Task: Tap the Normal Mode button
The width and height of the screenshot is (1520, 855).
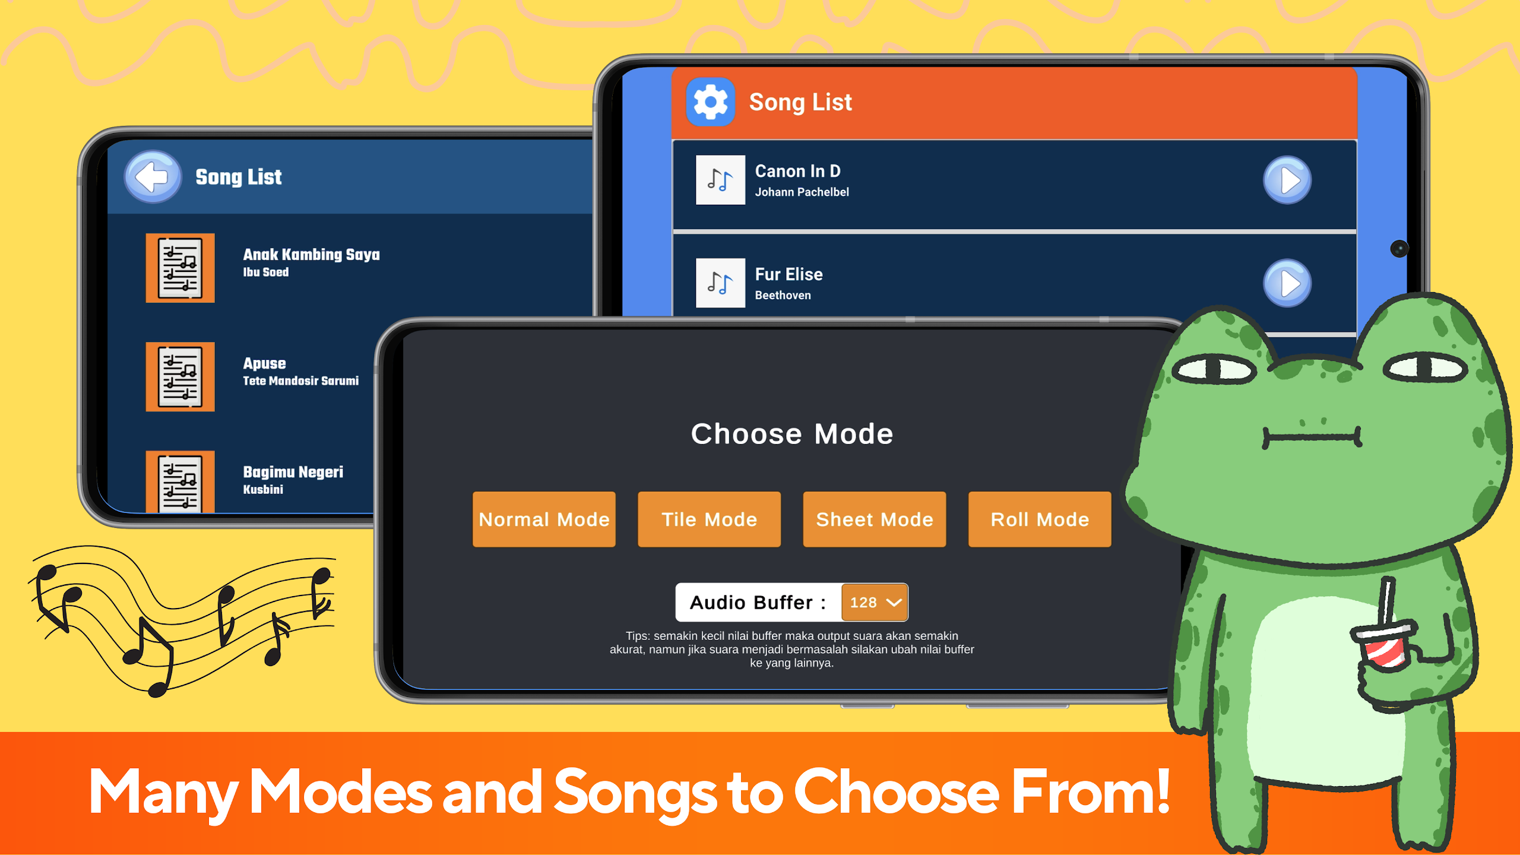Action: [x=544, y=519]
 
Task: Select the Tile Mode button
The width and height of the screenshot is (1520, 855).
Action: [x=709, y=519]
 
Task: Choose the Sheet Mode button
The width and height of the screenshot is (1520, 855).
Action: [x=874, y=519]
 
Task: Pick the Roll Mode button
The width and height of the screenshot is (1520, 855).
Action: [x=1040, y=519]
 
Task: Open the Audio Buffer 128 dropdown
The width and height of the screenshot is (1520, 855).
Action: [x=875, y=602]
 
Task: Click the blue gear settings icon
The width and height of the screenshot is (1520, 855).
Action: [x=710, y=102]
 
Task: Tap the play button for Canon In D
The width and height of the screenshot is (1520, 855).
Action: [x=1287, y=180]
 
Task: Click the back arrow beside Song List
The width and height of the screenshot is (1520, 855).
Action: [x=153, y=177]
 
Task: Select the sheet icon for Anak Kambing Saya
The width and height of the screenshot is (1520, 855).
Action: [x=180, y=268]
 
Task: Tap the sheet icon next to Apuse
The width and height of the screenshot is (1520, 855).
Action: [x=180, y=376]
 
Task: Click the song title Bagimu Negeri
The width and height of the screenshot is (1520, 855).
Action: [x=293, y=472]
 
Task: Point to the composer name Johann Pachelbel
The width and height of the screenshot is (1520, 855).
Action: [x=802, y=192]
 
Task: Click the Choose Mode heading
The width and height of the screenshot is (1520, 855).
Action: [x=792, y=433]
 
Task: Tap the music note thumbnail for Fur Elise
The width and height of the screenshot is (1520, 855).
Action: [x=720, y=283]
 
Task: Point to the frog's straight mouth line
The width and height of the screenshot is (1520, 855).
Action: [x=1312, y=438]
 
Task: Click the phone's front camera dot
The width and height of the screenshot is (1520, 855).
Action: [x=1399, y=249]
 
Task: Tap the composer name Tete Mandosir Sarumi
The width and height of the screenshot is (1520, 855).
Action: [x=301, y=381]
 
